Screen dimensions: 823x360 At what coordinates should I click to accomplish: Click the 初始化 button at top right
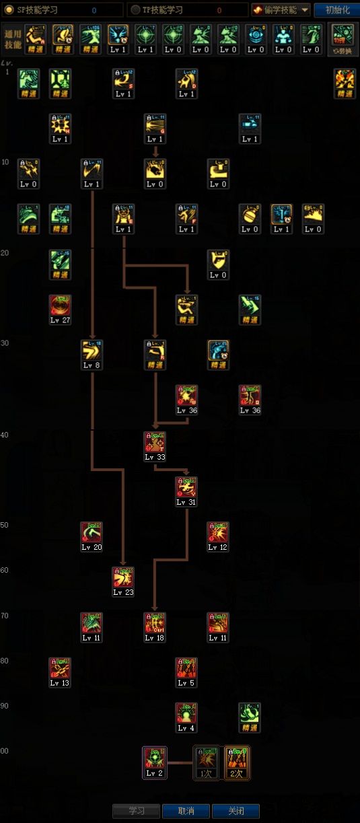(x=337, y=10)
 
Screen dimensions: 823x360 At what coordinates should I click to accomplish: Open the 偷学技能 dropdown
(x=281, y=10)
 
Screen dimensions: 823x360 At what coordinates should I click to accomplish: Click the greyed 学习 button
(x=137, y=811)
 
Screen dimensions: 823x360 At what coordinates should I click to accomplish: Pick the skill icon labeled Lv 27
(x=60, y=306)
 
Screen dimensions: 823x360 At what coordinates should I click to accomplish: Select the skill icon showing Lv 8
(x=92, y=351)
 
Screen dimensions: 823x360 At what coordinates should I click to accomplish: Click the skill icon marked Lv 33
(x=155, y=443)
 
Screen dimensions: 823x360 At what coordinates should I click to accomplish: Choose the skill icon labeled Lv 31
(x=186, y=488)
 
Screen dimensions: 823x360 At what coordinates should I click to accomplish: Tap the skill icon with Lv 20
(x=92, y=533)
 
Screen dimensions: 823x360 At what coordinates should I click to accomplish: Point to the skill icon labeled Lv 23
(x=123, y=578)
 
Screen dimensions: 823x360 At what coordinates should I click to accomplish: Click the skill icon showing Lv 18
(x=155, y=623)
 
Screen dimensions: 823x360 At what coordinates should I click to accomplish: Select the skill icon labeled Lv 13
(x=60, y=668)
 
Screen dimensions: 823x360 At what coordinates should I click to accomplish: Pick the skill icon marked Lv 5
(x=186, y=668)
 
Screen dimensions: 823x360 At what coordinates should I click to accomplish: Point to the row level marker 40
(x=5, y=435)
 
